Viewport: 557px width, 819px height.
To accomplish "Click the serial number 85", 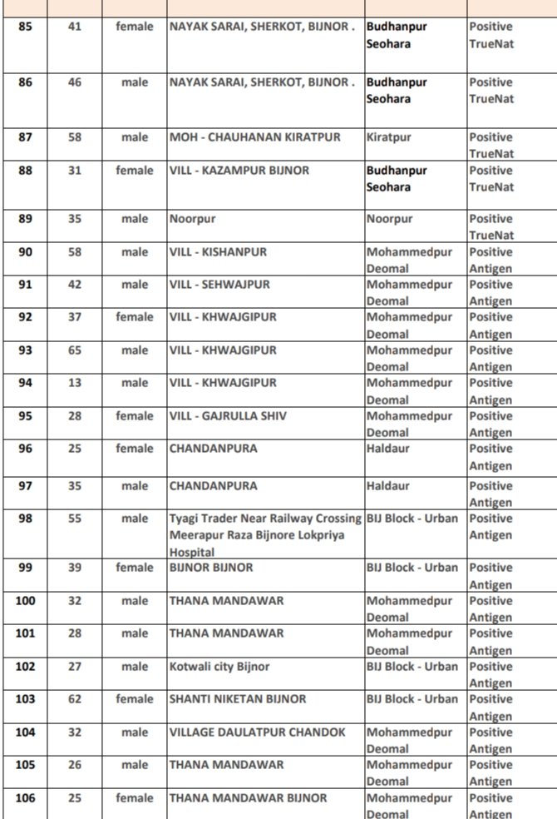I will pos(26,27).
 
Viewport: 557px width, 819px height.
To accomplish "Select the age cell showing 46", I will pos(75,82).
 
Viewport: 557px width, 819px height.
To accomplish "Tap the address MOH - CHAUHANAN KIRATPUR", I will pos(254,137).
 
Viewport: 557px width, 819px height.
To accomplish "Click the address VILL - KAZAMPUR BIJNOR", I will pos(239,171).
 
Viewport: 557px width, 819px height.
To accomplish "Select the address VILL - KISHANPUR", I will pos(218,252).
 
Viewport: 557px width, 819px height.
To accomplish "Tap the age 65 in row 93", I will pos(75,350).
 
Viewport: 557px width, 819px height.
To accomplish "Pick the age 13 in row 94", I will pos(75,383).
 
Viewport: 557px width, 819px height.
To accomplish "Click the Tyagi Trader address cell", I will pos(265,534).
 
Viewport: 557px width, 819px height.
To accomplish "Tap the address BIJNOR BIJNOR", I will pos(211,568).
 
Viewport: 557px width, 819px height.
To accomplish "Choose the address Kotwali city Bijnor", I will pos(219,667).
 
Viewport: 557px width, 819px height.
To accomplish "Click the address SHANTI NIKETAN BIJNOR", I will pos(238,699).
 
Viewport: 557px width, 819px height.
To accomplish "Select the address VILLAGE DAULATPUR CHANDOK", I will pos(258,732).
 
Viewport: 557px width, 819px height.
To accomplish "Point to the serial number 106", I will pos(26,798).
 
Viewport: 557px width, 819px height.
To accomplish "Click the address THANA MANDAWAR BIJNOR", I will pos(249,798).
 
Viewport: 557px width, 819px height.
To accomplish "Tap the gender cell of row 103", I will pos(135,699).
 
